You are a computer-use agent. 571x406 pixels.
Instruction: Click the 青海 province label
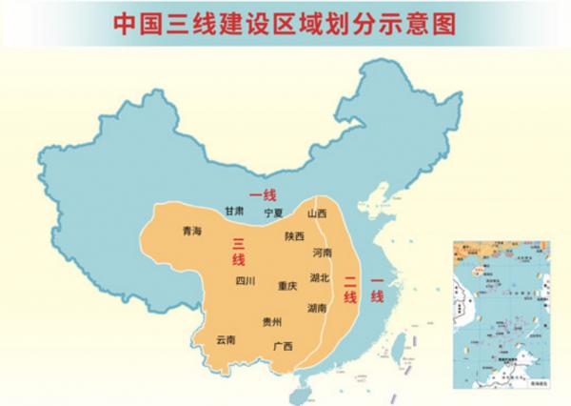[191, 232]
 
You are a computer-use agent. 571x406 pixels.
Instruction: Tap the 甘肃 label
[234, 211]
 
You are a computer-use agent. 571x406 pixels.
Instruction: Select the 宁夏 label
[275, 213]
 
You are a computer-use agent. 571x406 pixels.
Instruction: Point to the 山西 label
[316, 213]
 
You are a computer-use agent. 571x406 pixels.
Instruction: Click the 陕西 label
[294, 235]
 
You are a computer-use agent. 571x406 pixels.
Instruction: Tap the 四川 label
[246, 281]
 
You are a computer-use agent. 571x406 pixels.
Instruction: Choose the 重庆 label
[287, 285]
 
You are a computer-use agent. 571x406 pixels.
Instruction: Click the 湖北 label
[320, 278]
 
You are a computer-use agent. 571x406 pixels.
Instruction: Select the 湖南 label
[319, 308]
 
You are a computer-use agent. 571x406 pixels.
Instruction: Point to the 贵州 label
[272, 322]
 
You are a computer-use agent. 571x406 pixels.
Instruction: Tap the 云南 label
[226, 338]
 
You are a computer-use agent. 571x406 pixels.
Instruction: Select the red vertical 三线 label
[238, 251]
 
